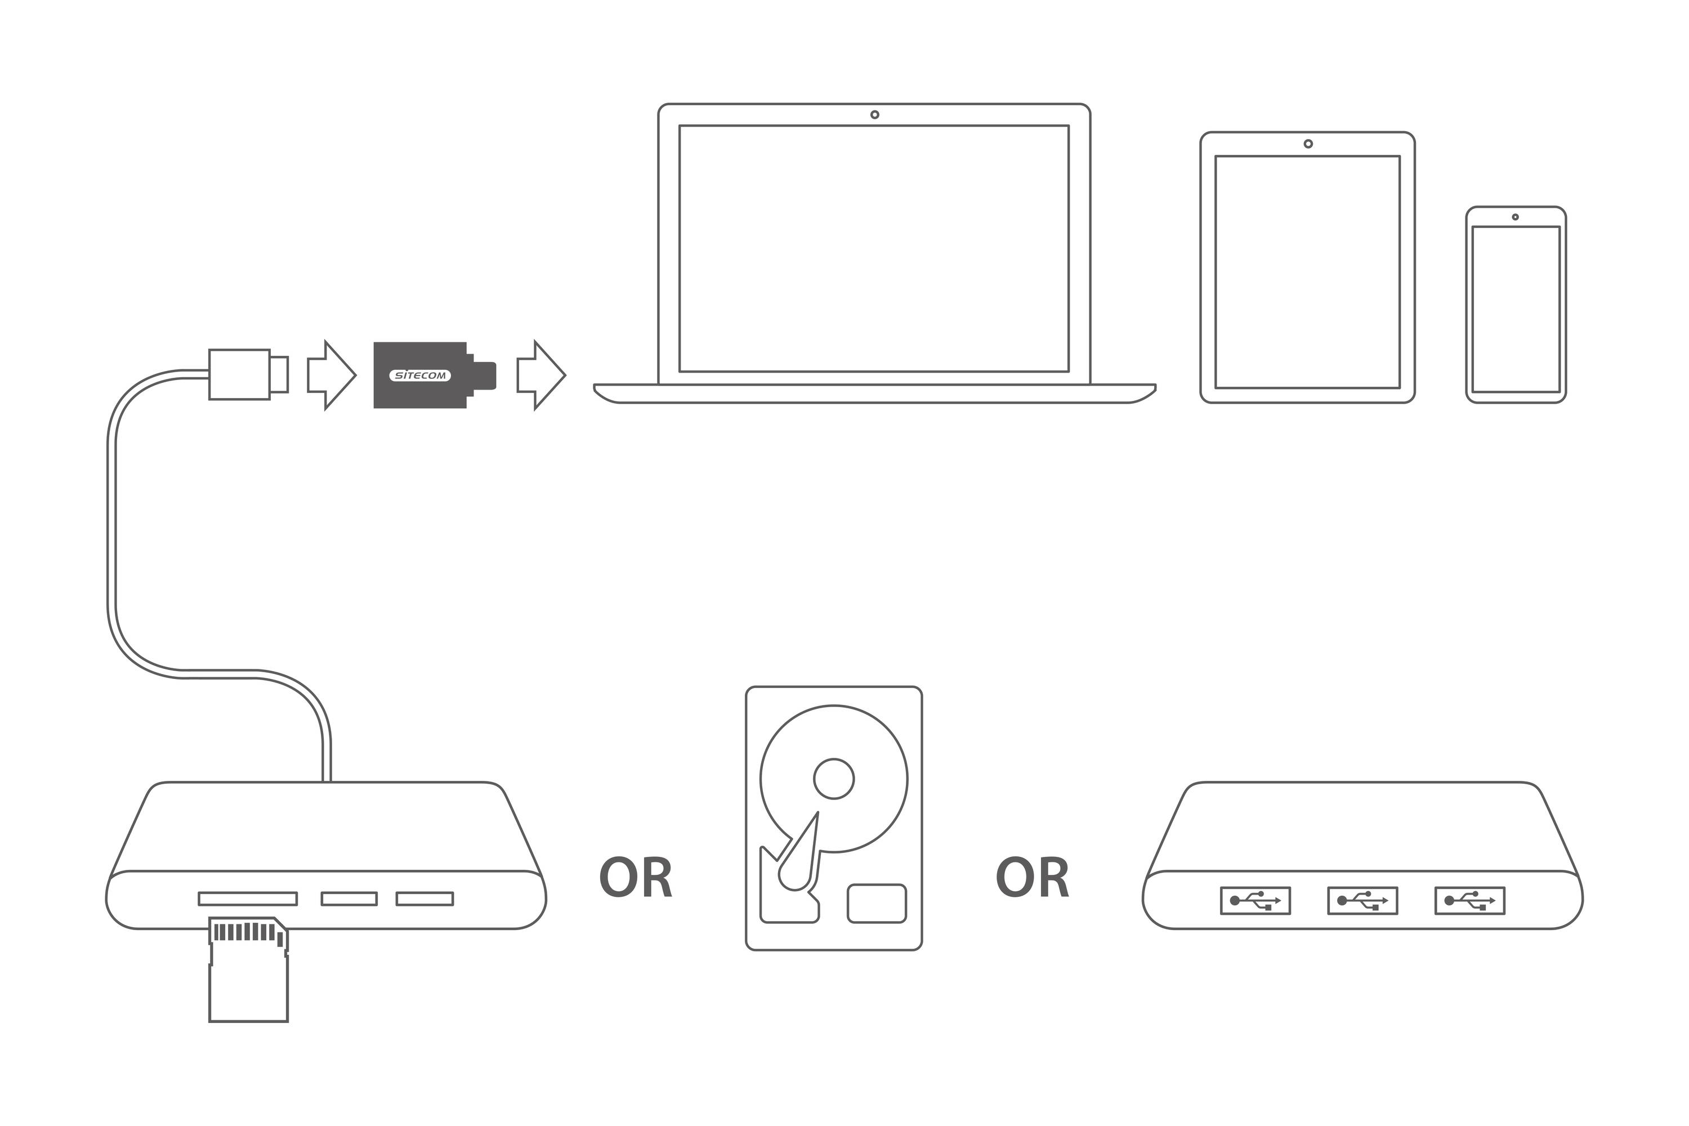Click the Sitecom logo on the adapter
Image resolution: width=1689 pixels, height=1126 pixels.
[x=419, y=376]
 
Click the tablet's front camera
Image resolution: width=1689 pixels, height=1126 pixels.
[x=1308, y=144]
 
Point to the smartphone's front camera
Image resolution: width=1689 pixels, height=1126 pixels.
[x=1515, y=217]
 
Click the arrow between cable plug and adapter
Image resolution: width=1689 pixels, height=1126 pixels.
[x=331, y=375]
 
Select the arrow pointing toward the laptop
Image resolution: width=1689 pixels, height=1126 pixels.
[x=540, y=375]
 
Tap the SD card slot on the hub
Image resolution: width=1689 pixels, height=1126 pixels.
[x=248, y=899]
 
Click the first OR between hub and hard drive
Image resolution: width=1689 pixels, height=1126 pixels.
[x=635, y=878]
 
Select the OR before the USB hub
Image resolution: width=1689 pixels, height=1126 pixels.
[x=1032, y=878]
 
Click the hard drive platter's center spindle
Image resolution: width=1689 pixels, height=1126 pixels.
[x=833, y=779]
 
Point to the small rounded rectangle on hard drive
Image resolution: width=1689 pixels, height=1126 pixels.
[x=876, y=904]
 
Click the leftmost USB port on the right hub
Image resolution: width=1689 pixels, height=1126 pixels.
[x=1255, y=900]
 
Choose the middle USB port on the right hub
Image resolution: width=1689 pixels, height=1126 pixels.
[x=1362, y=900]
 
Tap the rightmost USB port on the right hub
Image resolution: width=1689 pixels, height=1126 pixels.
[x=1469, y=900]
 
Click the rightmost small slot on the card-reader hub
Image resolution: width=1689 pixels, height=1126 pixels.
[x=425, y=899]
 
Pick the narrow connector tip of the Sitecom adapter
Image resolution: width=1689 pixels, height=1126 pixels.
[x=485, y=376]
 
